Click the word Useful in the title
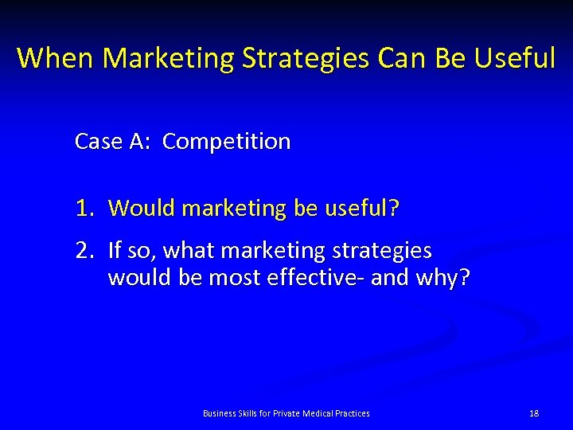pos(515,58)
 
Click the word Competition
pos(227,142)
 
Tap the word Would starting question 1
pos(142,209)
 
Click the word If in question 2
pos(115,251)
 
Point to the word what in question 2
pos(190,251)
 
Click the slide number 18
pos(534,413)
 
